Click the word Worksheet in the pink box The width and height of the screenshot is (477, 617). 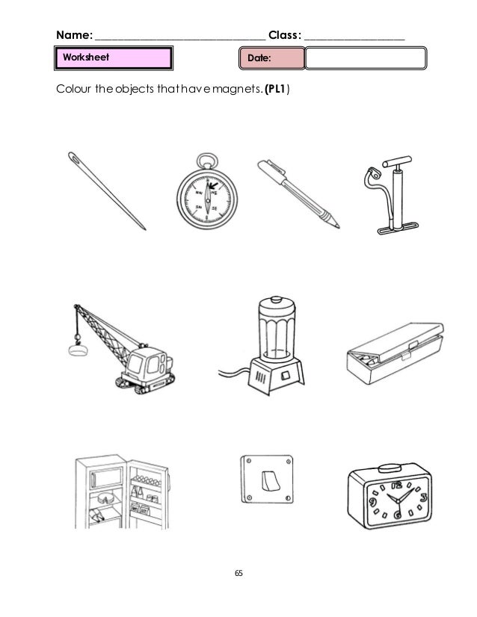[86, 57]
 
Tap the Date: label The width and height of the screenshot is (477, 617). [259, 58]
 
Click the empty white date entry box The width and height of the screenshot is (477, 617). [366, 58]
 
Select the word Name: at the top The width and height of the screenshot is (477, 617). [75, 35]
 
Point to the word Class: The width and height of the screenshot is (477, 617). [285, 35]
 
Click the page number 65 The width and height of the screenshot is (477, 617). [238, 573]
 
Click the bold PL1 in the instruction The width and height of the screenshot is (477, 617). [277, 89]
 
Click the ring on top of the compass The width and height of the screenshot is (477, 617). [207, 161]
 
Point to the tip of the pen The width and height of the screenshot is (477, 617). [337, 226]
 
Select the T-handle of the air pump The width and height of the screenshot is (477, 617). [397, 161]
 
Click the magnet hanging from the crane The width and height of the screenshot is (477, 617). [78, 350]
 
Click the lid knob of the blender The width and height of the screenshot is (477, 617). [277, 300]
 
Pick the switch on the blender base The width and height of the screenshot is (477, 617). [285, 376]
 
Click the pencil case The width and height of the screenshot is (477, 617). [395, 353]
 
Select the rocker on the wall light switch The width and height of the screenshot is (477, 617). [271, 481]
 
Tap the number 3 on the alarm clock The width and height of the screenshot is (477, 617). [422, 497]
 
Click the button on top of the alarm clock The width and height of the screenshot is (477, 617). [390, 468]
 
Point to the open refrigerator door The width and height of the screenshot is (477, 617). [148, 494]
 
